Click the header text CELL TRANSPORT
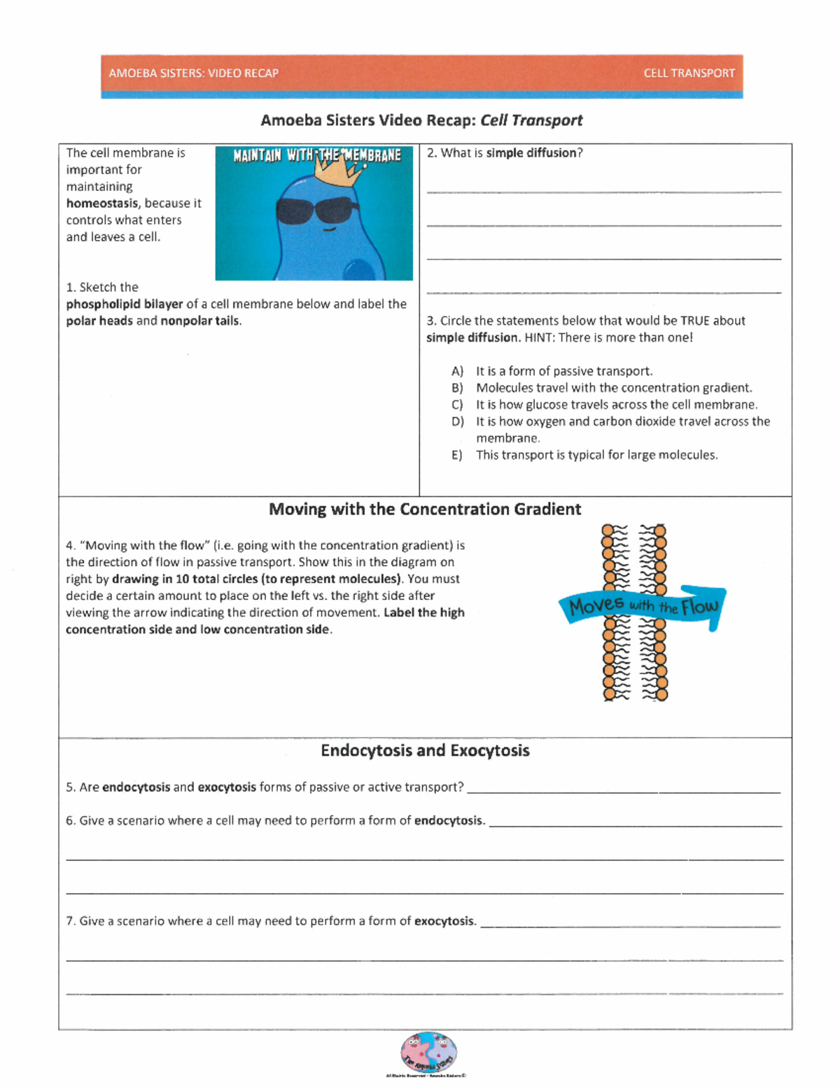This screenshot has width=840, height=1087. [x=689, y=73]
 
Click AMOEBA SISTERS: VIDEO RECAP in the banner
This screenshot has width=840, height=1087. [x=193, y=73]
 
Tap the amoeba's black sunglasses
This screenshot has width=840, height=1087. [x=317, y=209]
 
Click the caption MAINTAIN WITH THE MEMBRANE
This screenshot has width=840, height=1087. [x=316, y=155]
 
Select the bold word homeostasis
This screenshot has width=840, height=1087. [x=102, y=204]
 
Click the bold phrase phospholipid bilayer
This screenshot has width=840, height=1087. [x=125, y=304]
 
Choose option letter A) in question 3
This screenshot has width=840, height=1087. [x=457, y=372]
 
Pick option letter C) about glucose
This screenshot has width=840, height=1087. [x=457, y=405]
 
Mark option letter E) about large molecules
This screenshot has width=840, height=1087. [x=456, y=456]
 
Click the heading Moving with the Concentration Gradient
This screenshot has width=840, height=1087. [x=425, y=510]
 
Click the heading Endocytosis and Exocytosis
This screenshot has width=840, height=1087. [x=425, y=751]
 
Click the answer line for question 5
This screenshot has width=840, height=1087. [x=623, y=791]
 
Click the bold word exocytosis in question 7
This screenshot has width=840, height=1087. [x=444, y=922]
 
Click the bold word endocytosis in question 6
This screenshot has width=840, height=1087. [x=448, y=821]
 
